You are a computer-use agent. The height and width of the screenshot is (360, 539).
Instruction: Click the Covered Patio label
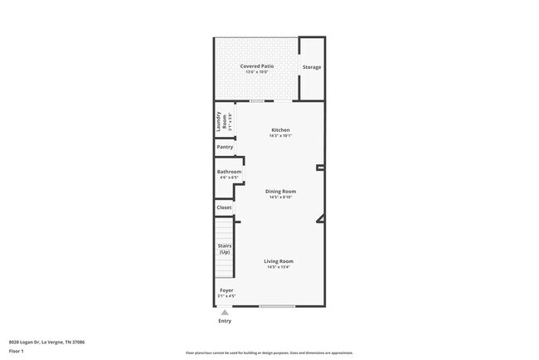click(x=257, y=66)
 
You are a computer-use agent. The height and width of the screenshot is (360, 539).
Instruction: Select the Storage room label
click(x=311, y=67)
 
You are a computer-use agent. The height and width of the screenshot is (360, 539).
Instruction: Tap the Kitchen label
click(x=280, y=130)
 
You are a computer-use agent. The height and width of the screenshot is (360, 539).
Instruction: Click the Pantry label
click(x=225, y=147)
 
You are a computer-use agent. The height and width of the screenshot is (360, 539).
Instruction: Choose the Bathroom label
click(x=229, y=172)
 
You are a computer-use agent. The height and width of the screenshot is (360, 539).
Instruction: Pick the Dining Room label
click(x=281, y=192)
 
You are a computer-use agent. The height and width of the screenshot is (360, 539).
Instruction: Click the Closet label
click(x=224, y=207)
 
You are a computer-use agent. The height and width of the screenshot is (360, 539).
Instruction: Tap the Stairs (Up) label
click(x=225, y=249)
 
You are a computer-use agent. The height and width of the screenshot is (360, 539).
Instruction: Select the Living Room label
click(x=279, y=261)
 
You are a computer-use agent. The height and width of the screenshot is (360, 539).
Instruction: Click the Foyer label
click(x=226, y=290)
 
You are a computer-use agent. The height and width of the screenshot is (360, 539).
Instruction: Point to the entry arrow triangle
click(x=224, y=312)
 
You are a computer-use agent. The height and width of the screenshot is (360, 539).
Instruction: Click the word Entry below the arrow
click(x=225, y=321)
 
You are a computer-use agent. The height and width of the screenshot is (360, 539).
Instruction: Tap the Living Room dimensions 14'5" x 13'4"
click(x=279, y=267)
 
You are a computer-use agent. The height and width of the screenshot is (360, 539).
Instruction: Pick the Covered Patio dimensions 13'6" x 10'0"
click(x=257, y=72)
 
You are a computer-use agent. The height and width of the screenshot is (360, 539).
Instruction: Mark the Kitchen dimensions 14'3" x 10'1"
click(x=280, y=136)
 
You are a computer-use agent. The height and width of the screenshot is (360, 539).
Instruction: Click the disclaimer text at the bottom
click(x=269, y=353)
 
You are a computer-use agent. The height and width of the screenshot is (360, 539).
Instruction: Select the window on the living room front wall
click(x=276, y=306)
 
